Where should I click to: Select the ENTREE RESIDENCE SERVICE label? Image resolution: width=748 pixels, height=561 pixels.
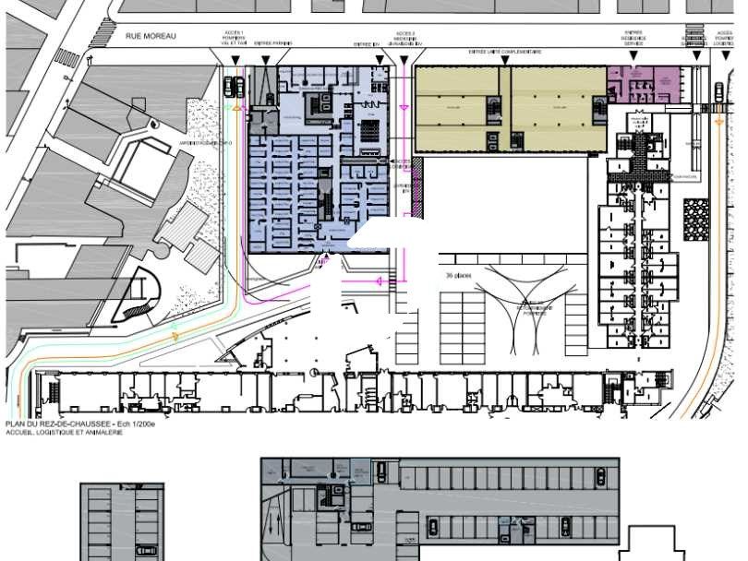(633, 39)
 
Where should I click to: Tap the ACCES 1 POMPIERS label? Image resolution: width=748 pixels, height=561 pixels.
(234, 39)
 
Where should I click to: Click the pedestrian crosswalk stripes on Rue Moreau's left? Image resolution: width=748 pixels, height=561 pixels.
(66, 57)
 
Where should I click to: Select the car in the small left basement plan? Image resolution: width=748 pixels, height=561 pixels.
(146, 551)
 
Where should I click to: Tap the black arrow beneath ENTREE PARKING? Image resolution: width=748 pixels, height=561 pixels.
(266, 61)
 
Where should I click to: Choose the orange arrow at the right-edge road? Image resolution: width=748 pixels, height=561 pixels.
(720, 120)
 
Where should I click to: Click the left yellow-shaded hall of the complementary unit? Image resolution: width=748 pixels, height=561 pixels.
(460, 109)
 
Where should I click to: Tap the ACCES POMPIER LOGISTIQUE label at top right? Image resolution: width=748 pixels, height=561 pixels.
(722, 39)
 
